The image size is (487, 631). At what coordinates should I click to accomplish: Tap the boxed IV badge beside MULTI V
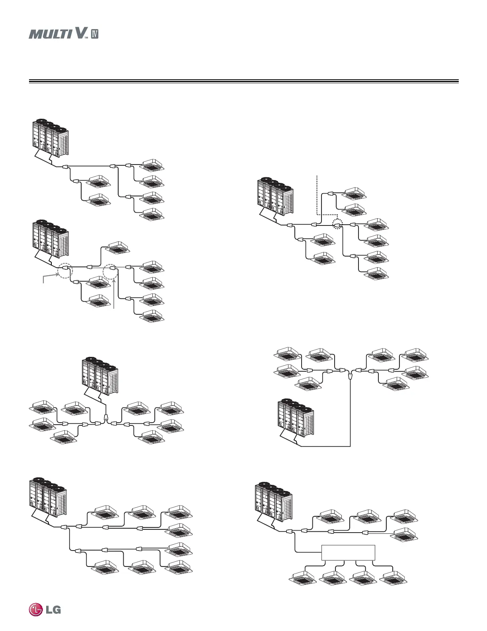(x=94, y=34)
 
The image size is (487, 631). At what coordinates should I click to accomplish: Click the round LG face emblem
(x=35, y=609)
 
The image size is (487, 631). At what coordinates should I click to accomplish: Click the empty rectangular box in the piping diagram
(x=348, y=553)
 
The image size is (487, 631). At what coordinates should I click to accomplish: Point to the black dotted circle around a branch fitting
(x=338, y=225)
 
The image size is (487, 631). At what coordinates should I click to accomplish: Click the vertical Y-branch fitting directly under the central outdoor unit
(x=106, y=418)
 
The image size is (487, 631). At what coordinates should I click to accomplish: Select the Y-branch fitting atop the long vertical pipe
(x=350, y=375)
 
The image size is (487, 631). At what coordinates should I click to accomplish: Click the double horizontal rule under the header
(x=243, y=82)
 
